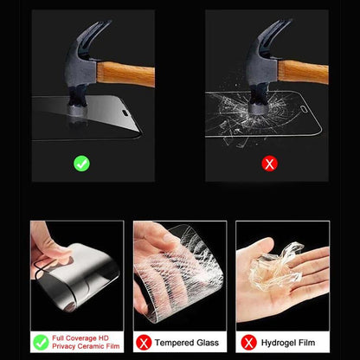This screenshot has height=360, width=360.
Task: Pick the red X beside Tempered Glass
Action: pos(144,343)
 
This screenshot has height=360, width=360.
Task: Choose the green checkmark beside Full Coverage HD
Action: pos(40,343)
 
